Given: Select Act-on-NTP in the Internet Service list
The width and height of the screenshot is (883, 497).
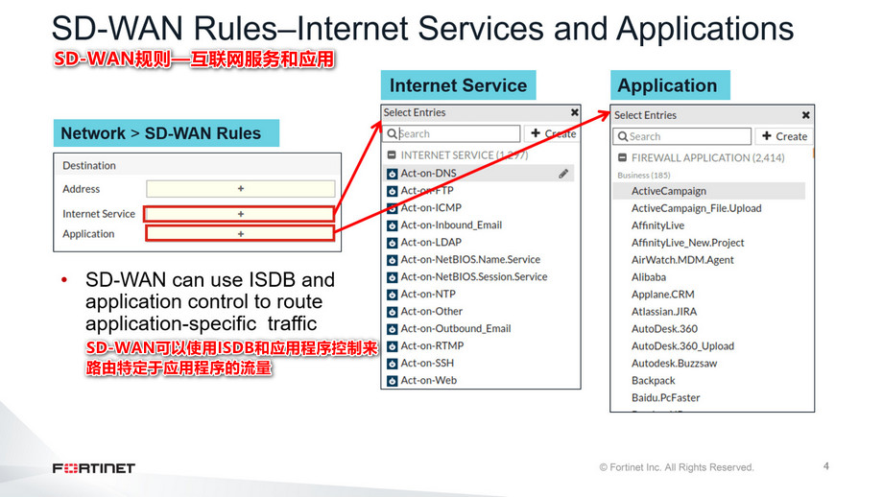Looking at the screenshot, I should (428, 295).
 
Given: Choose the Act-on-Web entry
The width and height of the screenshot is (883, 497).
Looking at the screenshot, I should (428, 381).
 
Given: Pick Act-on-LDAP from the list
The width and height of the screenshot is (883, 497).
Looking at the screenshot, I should (431, 243).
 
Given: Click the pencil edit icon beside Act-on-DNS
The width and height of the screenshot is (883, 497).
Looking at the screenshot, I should (563, 174).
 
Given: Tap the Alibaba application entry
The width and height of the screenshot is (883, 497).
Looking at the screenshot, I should (649, 277).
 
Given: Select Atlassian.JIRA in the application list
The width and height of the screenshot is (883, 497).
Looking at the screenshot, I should (663, 312).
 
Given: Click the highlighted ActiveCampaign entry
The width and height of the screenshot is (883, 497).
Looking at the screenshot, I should (668, 191).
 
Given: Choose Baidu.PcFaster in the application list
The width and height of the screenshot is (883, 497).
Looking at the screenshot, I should (665, 398).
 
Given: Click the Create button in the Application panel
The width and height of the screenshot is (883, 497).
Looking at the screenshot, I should (784, 136).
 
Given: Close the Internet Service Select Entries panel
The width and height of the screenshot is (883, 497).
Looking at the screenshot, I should (574, 112).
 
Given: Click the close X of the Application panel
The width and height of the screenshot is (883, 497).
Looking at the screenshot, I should (805, 115).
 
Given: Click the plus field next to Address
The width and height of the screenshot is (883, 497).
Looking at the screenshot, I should (240, 189).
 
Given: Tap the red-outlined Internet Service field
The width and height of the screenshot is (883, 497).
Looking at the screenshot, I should (240, 214).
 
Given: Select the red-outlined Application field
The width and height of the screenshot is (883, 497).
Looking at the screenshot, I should (240, 233).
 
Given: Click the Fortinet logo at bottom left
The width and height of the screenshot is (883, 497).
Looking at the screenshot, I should (94, 468).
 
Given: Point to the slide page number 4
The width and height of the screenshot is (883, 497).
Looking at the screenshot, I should (826, 467).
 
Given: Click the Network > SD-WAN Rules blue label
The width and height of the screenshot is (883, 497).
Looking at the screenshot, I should (161, 133).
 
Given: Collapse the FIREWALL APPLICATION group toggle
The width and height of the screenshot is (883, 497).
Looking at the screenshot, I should (621, 157).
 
